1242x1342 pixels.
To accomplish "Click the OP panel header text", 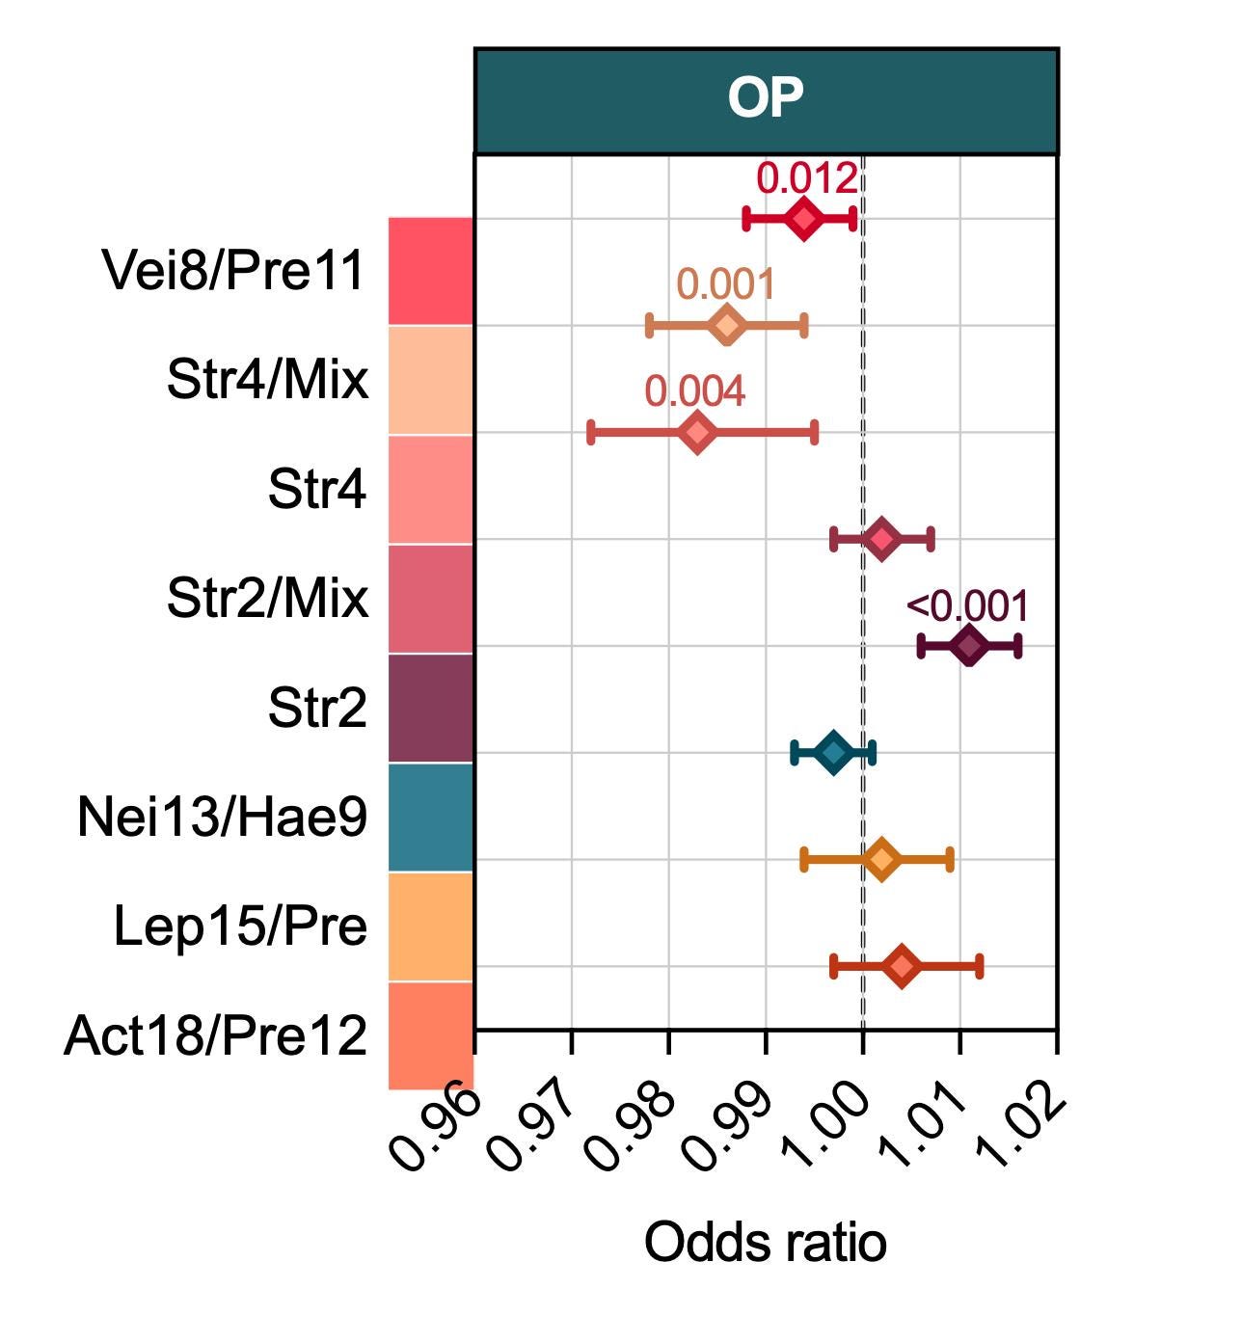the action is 766,98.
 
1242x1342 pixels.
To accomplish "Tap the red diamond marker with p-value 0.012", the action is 804,219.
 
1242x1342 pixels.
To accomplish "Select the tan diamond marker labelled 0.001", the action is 727,326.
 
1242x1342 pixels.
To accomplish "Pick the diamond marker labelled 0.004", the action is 697,433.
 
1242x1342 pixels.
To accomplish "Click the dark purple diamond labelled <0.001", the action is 969,646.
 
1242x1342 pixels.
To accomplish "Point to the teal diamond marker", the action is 834,753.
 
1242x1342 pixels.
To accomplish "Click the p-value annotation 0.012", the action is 806,178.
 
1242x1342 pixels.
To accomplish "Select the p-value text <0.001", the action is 967,605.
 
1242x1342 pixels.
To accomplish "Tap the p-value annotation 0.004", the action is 695,391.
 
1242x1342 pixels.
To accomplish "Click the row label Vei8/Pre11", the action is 233,270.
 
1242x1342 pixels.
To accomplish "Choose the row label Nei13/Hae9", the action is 223,817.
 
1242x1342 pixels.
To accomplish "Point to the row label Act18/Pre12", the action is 216,1035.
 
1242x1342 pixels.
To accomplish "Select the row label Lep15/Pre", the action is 241,926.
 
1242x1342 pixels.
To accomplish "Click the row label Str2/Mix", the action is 268,598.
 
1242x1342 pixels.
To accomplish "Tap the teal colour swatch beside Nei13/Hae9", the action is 431,818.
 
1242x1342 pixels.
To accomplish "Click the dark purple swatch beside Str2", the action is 431,709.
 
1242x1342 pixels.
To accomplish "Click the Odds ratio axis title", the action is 766,1242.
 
